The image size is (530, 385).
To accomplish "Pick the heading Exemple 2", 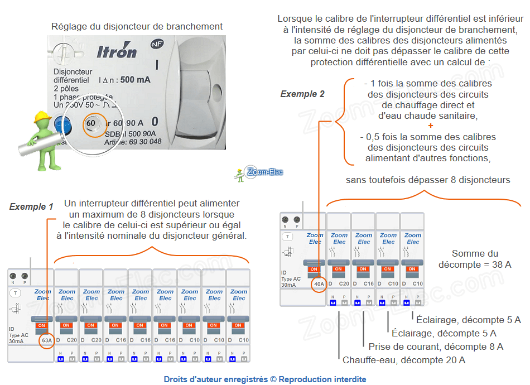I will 302,94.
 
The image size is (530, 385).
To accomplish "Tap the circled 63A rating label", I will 46,340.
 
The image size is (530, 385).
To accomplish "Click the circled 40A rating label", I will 318,283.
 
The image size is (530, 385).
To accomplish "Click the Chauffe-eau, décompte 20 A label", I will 404,360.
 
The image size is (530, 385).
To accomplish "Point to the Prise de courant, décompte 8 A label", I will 436,346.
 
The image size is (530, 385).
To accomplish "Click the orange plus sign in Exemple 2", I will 430,126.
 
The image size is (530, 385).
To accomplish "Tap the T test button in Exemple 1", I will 16,292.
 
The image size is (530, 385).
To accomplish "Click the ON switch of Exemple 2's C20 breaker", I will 339,269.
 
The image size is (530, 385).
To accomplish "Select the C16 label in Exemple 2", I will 369,283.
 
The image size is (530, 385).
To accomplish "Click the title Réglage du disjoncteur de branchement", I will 137,26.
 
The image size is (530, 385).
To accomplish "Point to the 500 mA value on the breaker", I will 135,80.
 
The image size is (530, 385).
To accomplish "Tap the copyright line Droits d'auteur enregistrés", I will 264,379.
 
